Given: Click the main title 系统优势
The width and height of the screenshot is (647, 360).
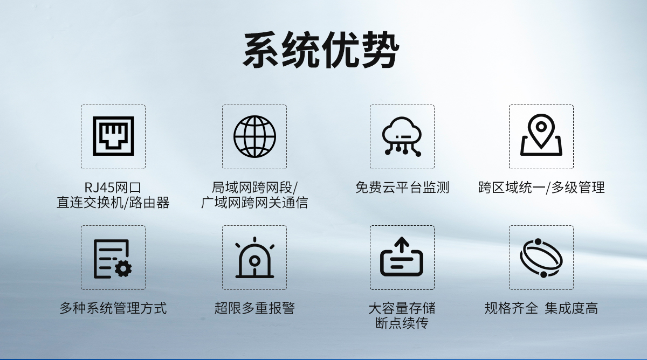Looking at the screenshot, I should tap(321, 50).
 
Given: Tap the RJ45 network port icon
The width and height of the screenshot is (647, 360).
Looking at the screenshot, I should tap(113, 136).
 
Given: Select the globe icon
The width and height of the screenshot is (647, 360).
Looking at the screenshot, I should tap(254, 136).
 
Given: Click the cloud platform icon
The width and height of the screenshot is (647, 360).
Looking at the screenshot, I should tap(402, 136).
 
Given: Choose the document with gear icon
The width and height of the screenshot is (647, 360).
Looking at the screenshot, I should tap(113, 258).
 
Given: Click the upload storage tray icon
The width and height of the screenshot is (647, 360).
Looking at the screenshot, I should tap(402, 258).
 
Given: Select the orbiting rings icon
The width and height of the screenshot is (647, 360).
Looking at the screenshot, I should tap(541, 258).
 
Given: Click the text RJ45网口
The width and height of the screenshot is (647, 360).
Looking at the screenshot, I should tap(113, 188).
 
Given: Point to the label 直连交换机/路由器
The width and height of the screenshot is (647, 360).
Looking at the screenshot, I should tap(113, 203).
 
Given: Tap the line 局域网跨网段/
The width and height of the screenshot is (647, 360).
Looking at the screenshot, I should tap(254, 188).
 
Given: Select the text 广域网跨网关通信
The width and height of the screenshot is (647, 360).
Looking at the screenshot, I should tap(254, 203).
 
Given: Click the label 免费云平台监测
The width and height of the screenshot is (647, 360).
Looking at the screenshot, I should tap(402, 188).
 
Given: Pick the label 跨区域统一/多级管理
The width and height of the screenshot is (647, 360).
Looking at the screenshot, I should tap(541, 188).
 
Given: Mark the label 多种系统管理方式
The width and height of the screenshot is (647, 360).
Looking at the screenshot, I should tap(113, 308).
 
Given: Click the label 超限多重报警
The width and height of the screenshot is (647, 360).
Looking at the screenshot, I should tap(254, 308).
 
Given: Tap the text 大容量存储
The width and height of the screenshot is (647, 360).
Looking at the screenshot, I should tap(402, 308).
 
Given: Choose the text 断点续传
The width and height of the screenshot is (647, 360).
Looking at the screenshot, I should tap(402, 323).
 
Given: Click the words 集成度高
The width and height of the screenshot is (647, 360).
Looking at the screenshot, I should tap(571, 308).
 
